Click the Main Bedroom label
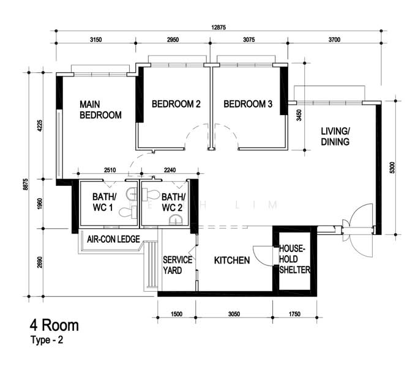[x=100, y=109]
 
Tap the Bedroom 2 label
[x=176, y=104]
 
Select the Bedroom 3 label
[x=248, y=104]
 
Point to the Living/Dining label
[x=335, y=136]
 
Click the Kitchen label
[x=232, y=261]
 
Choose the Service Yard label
[x=177, y=265]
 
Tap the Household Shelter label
[x=294, y=259]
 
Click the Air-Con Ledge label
[x=113, y=239]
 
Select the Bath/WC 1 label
[x=104, y=202]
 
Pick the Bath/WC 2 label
[x=173, y=202]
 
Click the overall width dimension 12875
[x=218, y=27]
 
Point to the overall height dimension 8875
[x=26, y=184]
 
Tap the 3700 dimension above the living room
[x=334, y=40]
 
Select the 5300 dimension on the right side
[x=392, y=168]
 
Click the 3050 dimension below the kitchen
[x=234, y=314]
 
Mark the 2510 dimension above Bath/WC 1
[x=110, y=170]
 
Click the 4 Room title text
[x=54, y=325]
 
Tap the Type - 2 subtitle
[x=47, y=340]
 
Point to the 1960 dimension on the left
[x=40, y=204]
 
